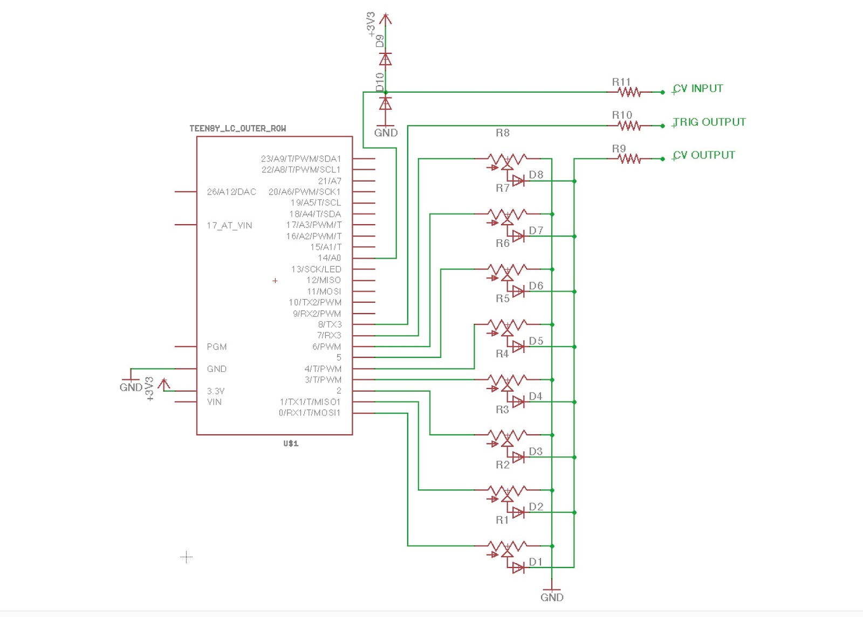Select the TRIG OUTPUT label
pos(709,122)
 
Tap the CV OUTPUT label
pos(703,155)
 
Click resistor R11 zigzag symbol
pos(629,92)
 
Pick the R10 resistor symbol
pos(629,126)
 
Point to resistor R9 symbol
pos(629,158)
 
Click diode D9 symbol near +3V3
pos(385,58)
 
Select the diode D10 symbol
pos(385,103)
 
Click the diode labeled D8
pos(518,181)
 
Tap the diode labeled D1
pos(518,567)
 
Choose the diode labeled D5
pos(518,346)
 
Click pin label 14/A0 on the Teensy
pos(329,258)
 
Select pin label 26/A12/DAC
pos(231,192)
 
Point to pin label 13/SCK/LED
pos(316,269)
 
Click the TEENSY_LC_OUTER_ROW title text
pos(237,128)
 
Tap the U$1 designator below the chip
pos(291,443)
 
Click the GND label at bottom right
pos(552,597)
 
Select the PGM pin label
pos(217,346)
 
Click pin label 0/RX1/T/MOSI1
pos(310,413)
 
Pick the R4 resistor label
pos(502,354)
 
